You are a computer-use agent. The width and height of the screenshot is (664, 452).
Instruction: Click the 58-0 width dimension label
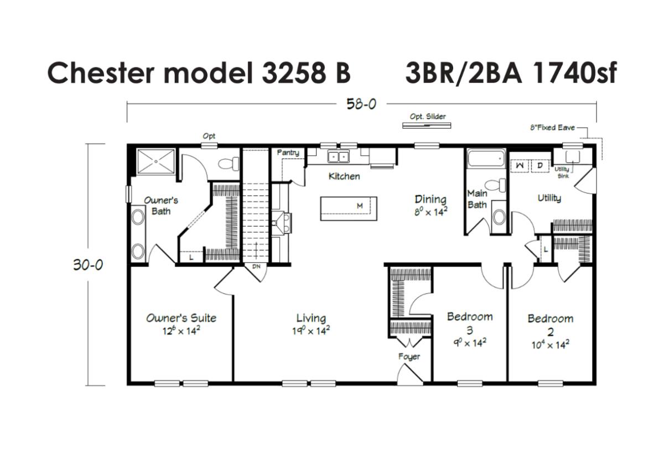[361, 104]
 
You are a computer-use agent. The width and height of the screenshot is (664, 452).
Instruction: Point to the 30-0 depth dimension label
[88, 265]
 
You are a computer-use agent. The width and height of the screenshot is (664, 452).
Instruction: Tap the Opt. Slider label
[427, 117]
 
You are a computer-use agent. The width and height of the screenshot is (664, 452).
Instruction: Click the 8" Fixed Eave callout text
[553, 128]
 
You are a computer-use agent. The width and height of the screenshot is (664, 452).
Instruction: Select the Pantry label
[288, 153]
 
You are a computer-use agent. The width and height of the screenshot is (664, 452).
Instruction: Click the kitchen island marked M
[349, 209]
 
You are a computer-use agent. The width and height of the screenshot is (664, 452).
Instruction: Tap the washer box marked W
[520, 166]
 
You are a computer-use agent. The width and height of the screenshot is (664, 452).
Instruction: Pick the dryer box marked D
[540, 166]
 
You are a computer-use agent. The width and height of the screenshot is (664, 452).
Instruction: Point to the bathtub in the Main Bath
[486, 159]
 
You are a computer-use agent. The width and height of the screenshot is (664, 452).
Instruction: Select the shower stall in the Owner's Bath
[155, 161]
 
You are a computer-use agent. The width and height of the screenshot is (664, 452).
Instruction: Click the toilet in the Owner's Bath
[229, 164]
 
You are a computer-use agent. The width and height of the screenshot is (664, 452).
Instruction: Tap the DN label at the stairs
[256, 266]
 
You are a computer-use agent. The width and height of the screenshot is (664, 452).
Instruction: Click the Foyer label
[409, 357]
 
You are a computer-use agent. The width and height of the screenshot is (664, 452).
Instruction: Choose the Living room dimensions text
[311, 330]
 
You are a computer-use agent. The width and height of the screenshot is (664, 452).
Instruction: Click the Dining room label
[430, 199]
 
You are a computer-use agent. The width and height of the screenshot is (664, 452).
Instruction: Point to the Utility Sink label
[562, 172]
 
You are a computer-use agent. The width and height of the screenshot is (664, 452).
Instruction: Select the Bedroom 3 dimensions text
[470, 343]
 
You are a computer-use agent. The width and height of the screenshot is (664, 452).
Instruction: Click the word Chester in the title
[101, 73]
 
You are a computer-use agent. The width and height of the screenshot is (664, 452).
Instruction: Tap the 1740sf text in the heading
[574, 72]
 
